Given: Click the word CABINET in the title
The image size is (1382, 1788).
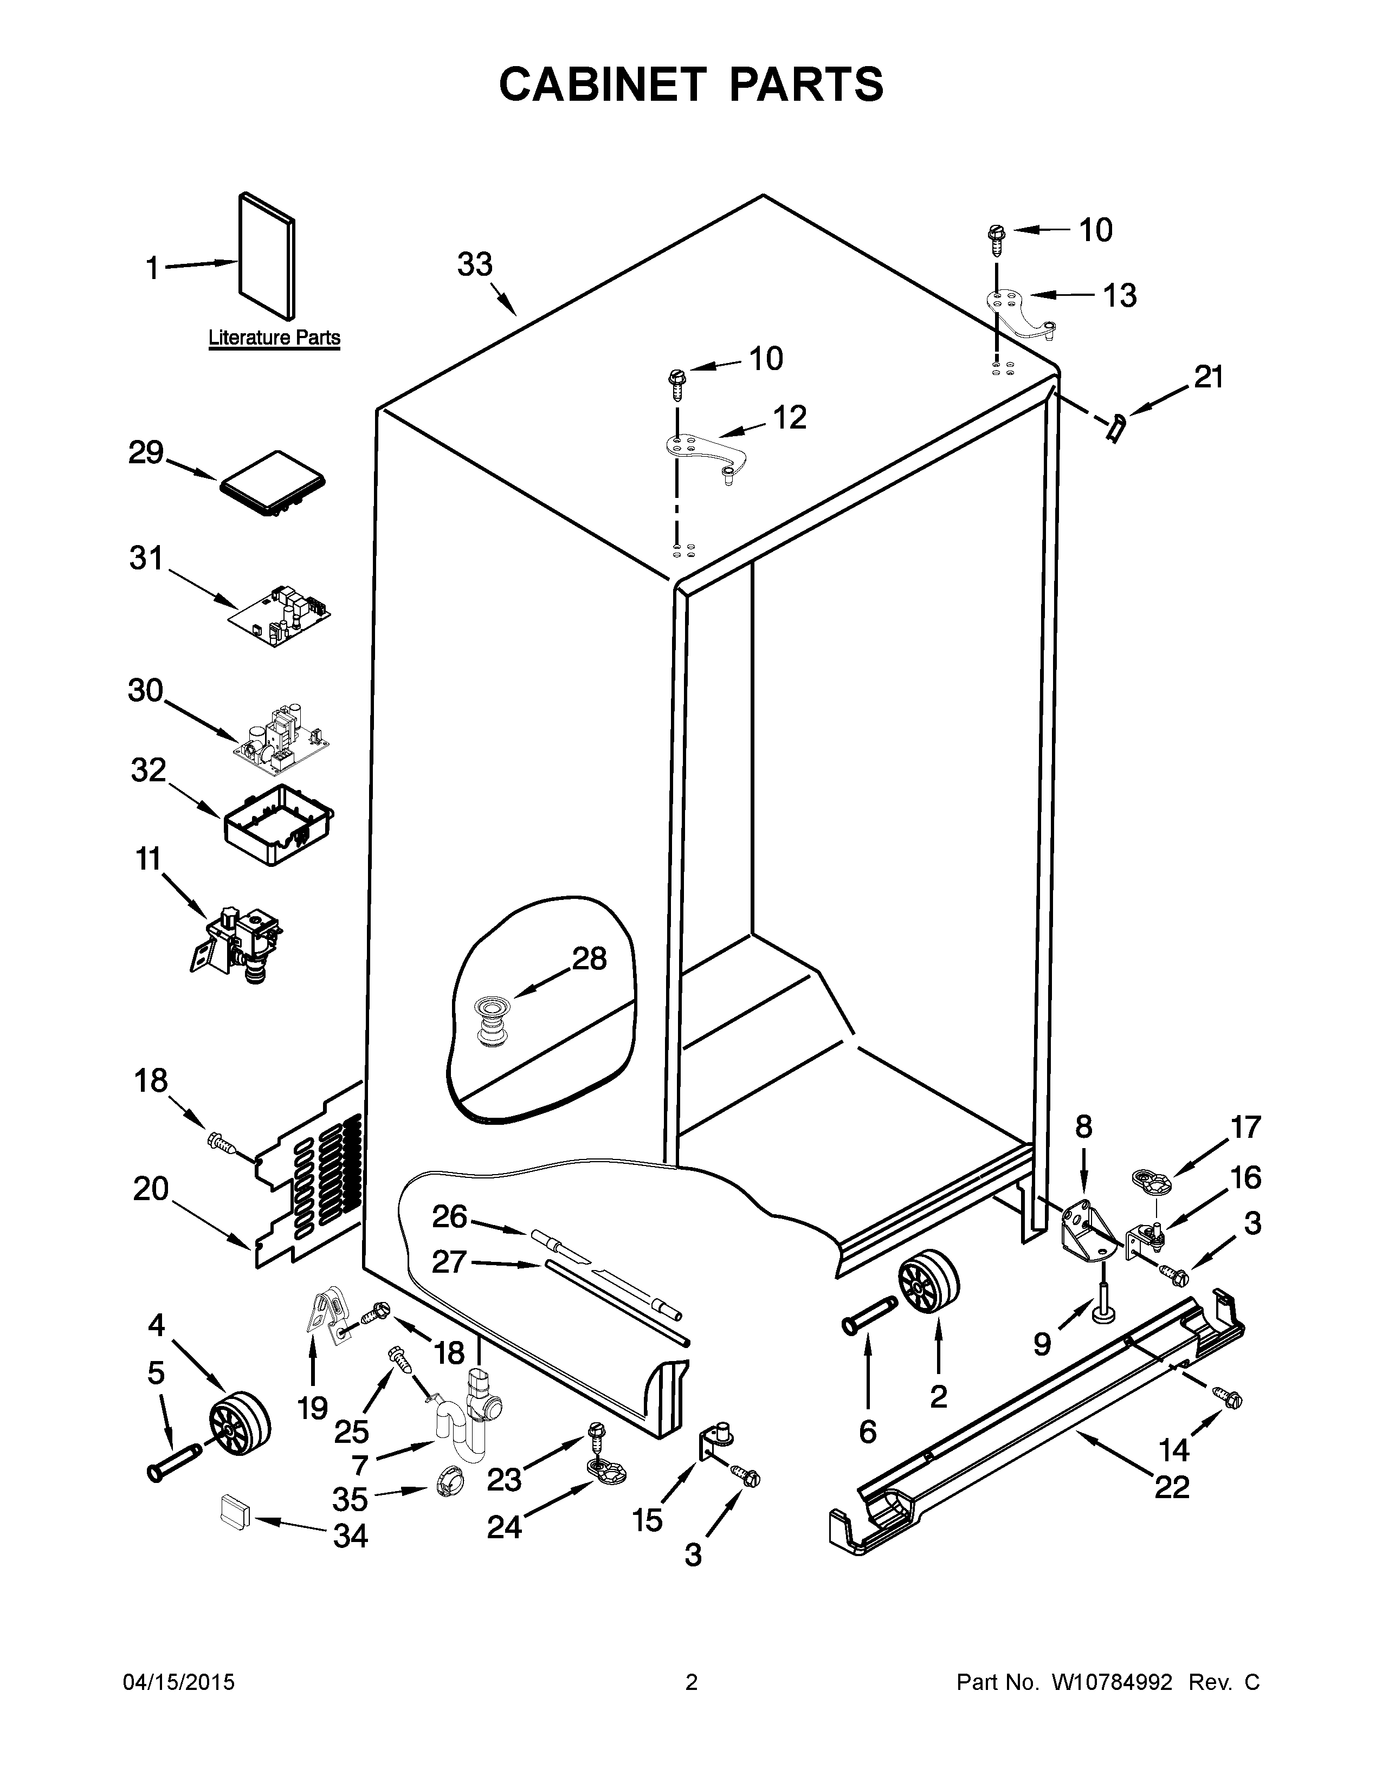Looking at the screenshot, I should [x=602, y=85].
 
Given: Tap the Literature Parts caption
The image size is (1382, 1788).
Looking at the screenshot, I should [x=274, y=338].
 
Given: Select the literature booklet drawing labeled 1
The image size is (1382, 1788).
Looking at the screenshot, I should [x=267, y=255].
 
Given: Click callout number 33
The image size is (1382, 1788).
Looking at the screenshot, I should [x=475, y=264].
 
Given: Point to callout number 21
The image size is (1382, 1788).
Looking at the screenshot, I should [x=1209, y=378].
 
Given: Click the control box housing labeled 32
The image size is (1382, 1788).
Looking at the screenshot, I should [x=279, y=825].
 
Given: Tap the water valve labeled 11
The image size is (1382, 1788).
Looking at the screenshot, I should [x=237, y=938].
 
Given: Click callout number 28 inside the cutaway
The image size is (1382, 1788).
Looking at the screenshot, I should [x=590, y=958].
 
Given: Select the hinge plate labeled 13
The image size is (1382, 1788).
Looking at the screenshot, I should [x=1019, y=312].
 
